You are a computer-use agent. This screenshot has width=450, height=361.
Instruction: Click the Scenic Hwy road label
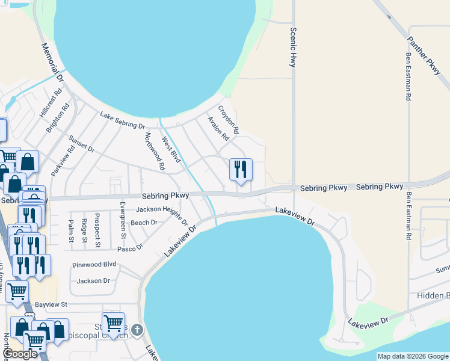tap(294, 46)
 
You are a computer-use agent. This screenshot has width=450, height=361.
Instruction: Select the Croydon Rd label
tap(229, 120)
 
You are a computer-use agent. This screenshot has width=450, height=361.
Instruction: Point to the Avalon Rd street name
tap(218, 128)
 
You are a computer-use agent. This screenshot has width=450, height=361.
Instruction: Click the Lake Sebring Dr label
tap(123, 121)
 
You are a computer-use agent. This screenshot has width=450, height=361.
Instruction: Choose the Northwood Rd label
tap(155, 152)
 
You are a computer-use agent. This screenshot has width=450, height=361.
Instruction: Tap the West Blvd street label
tap(171, 150)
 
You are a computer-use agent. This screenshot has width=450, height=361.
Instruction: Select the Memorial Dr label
tap(52, 63)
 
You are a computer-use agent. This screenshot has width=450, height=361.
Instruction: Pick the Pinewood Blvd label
tap(94, 264)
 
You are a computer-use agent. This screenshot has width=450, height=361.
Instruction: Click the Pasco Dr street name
tap(131, 247)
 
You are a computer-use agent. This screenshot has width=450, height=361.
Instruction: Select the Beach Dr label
tap(144, 222)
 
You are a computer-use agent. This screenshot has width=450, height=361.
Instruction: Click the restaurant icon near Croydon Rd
tap(241, 169)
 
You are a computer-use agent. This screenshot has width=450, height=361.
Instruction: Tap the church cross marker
tap(137, 330)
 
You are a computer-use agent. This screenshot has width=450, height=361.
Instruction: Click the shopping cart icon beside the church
tap(113, 323)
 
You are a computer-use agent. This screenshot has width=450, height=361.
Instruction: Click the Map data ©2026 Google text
tap(413, 356)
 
